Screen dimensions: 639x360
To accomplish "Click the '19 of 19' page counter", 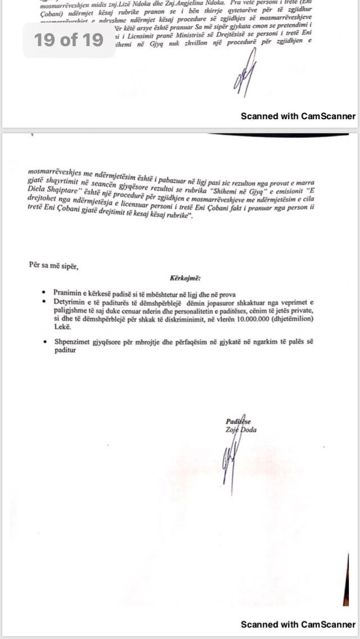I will click(x=69, y=40).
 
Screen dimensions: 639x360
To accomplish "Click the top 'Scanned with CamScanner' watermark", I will click(x=298, y=116).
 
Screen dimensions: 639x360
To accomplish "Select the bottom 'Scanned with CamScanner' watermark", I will click(x=298, y=624).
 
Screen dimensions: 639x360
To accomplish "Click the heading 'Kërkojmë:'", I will click(x=184, y=278).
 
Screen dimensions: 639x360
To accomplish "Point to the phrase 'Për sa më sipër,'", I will click(x=53, y=266).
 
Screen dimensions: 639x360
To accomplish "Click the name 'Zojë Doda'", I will click(x=242, y=430).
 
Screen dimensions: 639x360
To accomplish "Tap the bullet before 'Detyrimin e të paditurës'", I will click(x=44, y=302).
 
